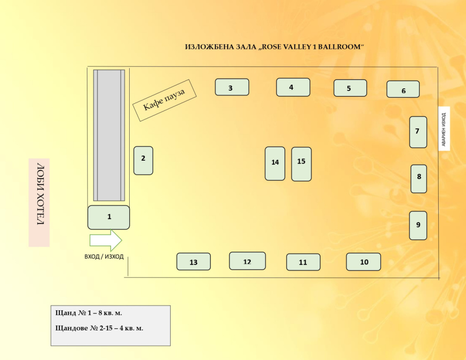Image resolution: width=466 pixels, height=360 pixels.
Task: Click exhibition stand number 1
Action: [108, 217]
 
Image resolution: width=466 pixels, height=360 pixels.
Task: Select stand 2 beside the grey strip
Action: [143, 161]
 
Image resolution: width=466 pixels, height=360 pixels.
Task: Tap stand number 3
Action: [232, 87]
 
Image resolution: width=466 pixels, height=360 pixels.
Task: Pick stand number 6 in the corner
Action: [403, 89]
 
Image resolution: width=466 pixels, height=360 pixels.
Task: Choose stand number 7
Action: [418, 132]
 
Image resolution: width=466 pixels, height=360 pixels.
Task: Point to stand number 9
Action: [418, 226]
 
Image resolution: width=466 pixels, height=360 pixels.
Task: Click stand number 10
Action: [364, 262]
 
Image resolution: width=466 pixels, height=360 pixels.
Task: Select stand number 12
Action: [247, 261]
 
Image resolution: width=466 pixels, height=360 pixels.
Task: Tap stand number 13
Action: [193, 262]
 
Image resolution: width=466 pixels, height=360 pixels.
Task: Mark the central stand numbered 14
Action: [275, 163]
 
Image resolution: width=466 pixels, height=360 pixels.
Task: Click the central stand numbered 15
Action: [301, 164]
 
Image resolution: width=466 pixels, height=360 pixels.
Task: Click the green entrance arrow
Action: [106, 240]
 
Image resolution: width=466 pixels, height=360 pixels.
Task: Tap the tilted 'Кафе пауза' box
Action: [164, 100]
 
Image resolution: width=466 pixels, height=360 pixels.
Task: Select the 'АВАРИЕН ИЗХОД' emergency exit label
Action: [444, 129]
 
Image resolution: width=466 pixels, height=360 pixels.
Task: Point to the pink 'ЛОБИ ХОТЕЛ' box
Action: [39, 203]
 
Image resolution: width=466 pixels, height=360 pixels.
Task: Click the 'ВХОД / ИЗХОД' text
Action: [104, 257]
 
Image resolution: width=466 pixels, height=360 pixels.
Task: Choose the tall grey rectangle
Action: [109, 135]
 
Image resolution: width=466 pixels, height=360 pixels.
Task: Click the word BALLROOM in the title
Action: [339, 47]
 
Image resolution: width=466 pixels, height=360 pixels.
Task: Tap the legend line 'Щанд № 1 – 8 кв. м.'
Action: [89, 313]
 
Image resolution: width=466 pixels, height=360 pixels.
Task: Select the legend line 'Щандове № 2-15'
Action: [99, 328]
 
